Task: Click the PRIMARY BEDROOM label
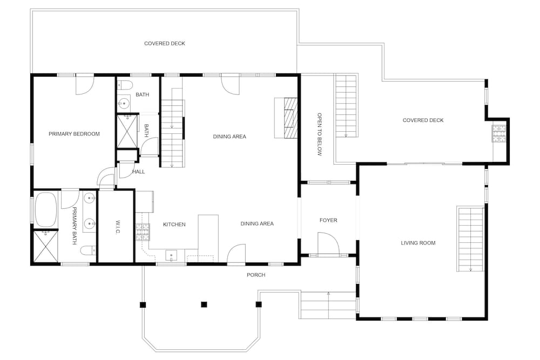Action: (x=74, y=134)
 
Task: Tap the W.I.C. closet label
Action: (x=117, y=227)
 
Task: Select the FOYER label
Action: (x=328, y=220)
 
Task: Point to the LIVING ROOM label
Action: (x=418, y=243)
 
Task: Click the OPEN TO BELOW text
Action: (x=319, y=134)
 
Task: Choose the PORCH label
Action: (x=256, y=275)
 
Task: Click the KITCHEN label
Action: (x=174, y=225)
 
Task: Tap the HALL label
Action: (x=138, y=172)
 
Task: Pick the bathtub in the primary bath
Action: (x=46, y=209)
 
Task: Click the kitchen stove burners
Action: (x=143, y=232)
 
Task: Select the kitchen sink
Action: (x=171, y=256)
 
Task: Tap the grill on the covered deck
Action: (x=499, y=133)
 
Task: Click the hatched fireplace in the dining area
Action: (x=291, y=118)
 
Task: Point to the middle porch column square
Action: (x=204, y=304)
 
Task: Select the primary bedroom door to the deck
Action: (x=85, y=85)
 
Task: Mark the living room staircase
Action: (x=470, y=239)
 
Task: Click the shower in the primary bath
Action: (x=46, y=247)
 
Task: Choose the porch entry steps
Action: (x=328, y=305)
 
